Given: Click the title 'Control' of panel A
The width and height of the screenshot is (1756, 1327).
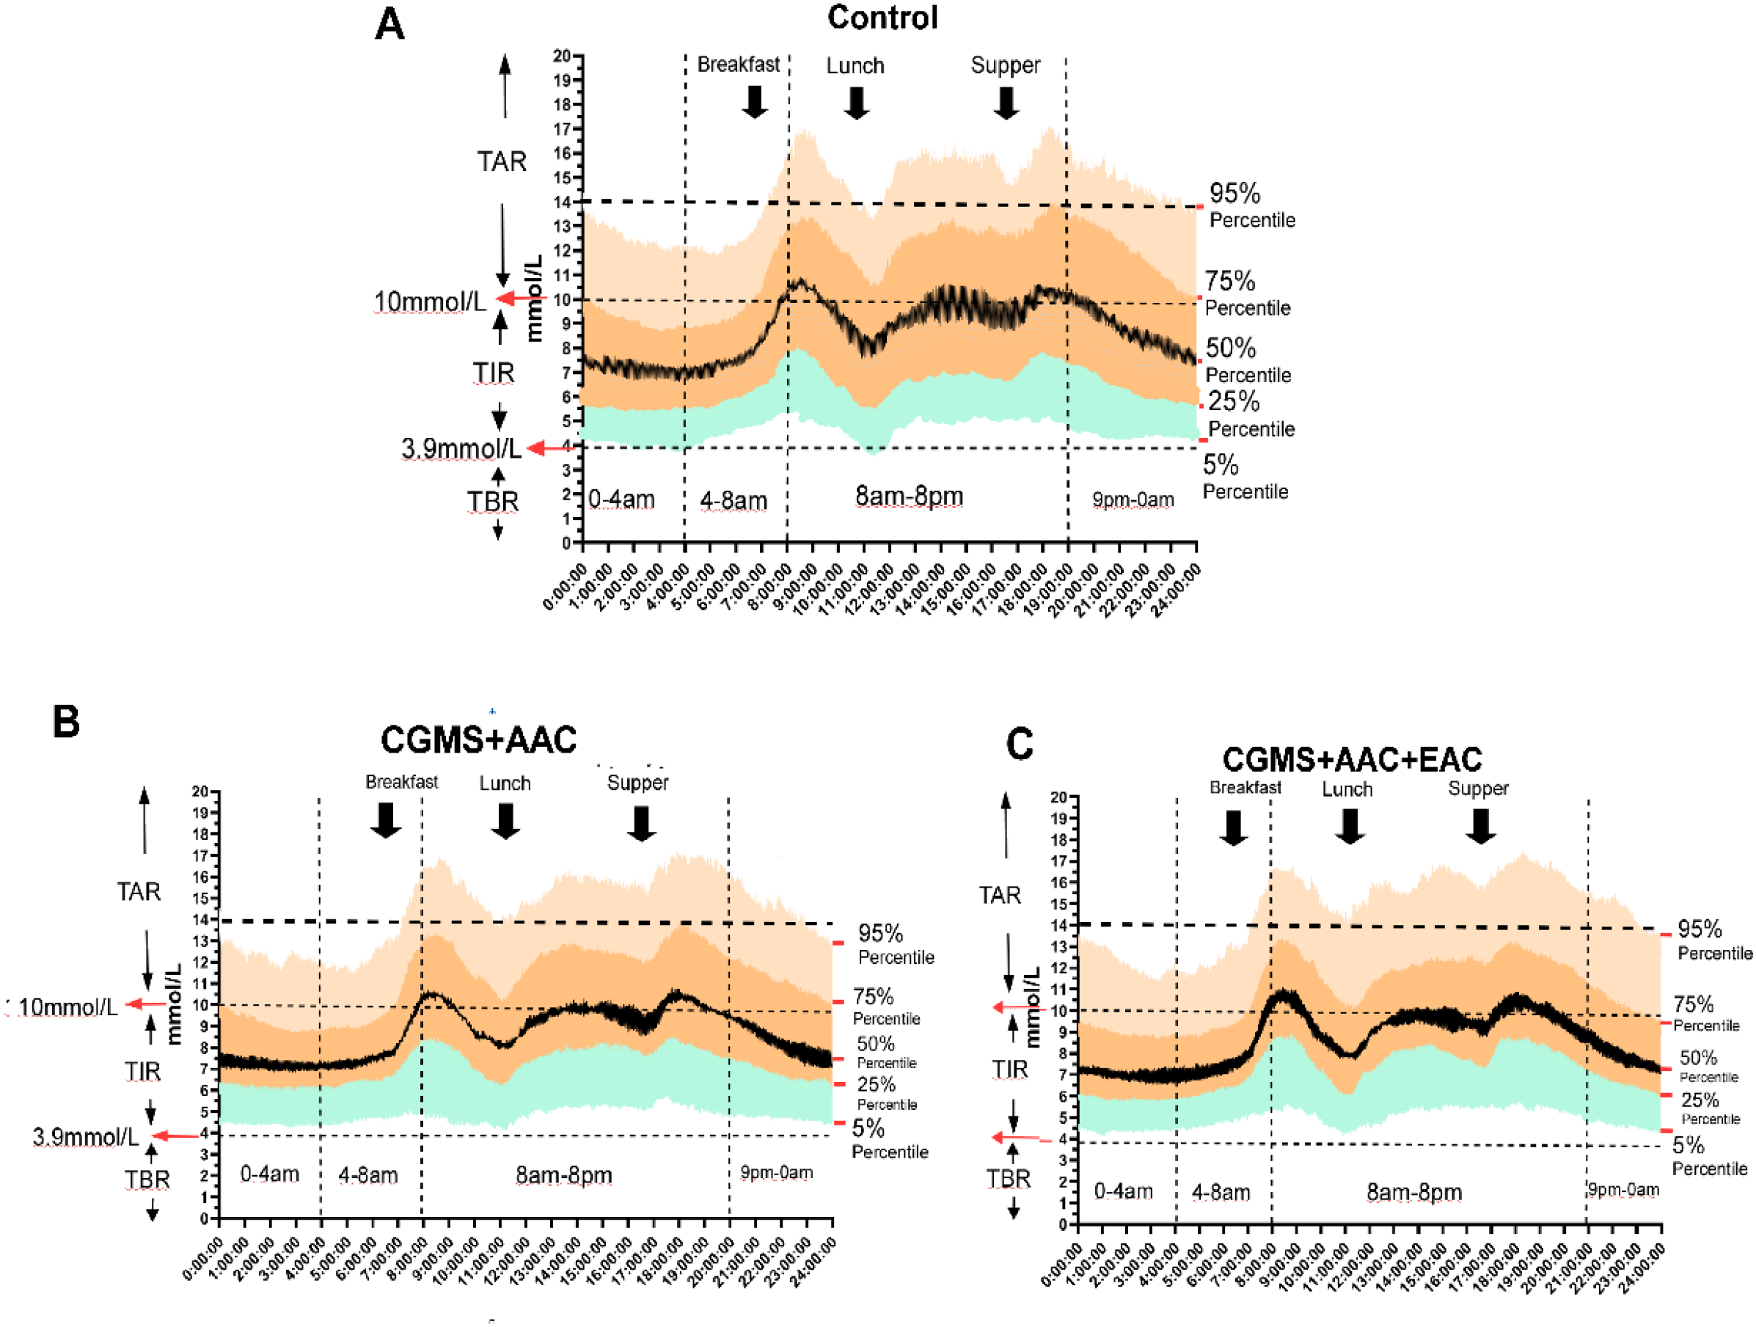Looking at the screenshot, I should (x=882, y=18).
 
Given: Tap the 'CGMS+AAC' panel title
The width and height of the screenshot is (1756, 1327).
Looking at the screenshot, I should (x=478, y=740).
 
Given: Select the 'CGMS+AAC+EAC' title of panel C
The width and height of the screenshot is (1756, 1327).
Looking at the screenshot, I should (x=1351, y=759).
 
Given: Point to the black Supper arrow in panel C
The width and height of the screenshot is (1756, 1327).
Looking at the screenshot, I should (x=1480, y=826).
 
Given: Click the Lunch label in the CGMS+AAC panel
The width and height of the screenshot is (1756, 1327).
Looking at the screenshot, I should (x=505, y=783).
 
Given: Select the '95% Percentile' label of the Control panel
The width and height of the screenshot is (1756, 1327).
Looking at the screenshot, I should (x=1251, y=205).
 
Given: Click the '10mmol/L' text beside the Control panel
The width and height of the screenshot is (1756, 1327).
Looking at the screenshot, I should (x=430, y=301).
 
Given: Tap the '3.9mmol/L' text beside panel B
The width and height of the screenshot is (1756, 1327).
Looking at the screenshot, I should (x=85, y=1136).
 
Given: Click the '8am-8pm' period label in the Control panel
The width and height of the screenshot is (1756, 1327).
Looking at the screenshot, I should (x=909, y=497).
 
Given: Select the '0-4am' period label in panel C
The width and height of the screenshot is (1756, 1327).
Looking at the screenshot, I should (x=1123, y=1191).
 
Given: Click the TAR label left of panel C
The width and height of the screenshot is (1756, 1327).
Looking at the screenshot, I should (x=999, y=895).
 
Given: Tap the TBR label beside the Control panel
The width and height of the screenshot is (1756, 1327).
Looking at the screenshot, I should (x=492, y=502).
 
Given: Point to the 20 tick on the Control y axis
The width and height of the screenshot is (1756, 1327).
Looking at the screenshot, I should (x=562, y=56).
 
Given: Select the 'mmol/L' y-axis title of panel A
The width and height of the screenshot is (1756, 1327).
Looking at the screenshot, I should (x=535, y=298).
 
